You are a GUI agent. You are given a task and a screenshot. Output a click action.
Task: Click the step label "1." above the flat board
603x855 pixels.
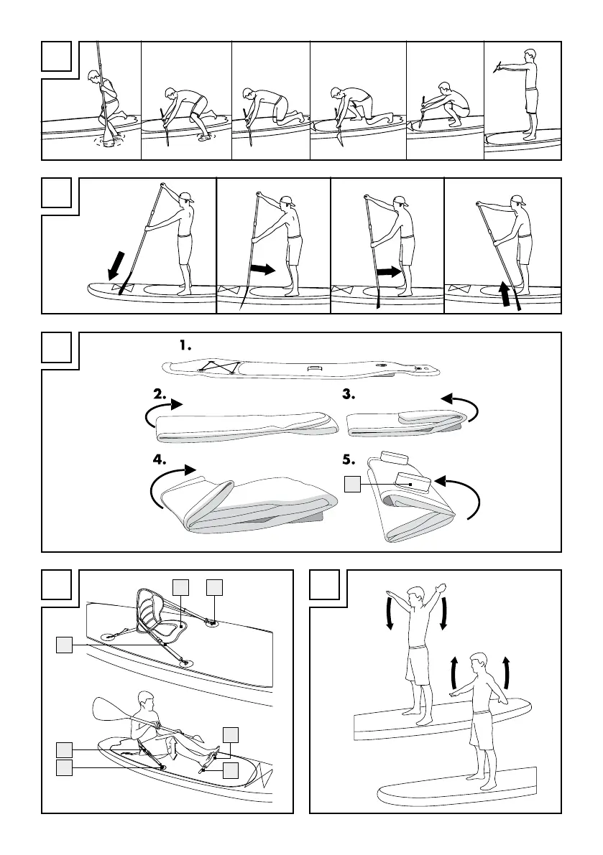click(186, 345)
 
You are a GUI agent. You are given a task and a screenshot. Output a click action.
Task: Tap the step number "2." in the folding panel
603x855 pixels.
click(160, 394)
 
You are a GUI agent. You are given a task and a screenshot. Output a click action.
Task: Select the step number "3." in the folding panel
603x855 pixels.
click(351, 394)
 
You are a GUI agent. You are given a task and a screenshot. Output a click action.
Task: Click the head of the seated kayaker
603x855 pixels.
click(146, 701)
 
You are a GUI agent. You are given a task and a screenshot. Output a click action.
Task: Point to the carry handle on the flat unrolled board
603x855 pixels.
click(313, 370)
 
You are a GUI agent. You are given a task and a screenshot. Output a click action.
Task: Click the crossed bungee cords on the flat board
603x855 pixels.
click(216, 368)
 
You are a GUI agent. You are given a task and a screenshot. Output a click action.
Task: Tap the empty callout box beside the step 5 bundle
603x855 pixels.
click(351, 485)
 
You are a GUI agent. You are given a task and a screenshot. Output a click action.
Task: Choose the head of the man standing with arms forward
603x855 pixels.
click(530, 57)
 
